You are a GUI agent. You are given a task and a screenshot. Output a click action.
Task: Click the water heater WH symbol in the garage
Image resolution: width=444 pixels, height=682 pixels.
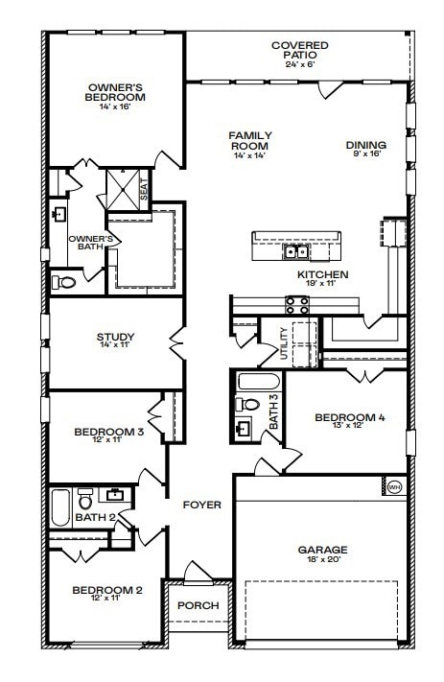click(394, 487)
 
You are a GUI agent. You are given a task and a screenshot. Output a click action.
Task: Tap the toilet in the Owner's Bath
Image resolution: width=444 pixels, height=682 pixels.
click(64, 282)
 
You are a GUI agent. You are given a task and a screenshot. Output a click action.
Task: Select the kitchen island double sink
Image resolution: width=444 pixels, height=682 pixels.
click(296, 251)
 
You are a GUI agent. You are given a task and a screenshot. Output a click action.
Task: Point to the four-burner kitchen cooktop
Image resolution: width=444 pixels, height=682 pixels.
click(297, 304)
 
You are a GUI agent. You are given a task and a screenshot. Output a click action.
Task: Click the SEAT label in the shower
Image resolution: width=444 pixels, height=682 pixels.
click(144, 190)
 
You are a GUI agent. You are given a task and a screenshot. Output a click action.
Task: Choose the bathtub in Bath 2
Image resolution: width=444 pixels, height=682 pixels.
click(60, 507)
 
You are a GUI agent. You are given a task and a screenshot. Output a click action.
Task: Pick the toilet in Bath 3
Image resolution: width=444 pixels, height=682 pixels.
click(247, 404)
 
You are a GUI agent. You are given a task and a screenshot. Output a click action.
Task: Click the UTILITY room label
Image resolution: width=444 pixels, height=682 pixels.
click(284, 343)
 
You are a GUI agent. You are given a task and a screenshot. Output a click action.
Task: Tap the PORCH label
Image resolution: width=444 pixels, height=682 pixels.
click(199, 605)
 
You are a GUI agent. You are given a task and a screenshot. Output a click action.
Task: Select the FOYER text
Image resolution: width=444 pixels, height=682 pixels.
click(201, 505)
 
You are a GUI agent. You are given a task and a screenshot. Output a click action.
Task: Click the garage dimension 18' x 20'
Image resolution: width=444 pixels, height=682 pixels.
click(322, 559)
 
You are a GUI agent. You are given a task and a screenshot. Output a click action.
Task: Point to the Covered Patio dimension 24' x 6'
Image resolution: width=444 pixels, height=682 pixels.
click(299, 63)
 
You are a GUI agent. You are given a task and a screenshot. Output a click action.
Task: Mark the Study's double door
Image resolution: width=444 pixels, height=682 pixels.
click(177, 343)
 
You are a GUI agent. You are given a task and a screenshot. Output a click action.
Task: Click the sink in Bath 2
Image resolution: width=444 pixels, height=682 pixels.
click(115, 494)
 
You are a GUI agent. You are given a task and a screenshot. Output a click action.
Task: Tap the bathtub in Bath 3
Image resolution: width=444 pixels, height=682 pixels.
click(258, 382)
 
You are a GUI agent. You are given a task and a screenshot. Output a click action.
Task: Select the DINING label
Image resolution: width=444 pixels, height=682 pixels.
click(365, 145)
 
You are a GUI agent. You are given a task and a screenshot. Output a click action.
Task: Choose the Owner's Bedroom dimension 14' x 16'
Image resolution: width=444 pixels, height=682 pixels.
click(115, 106)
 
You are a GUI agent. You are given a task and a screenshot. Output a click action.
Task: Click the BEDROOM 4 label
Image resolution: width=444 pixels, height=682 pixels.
click(350, 417)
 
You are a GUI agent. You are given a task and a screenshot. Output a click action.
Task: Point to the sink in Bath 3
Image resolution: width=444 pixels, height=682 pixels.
click(244, 428)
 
